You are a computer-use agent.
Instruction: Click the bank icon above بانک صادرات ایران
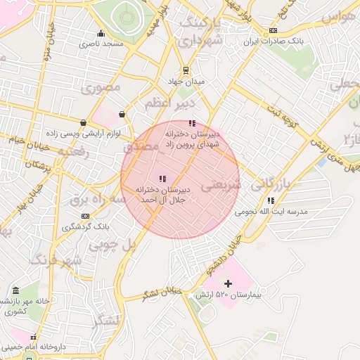[273, 31]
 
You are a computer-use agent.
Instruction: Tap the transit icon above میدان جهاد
[186, 70]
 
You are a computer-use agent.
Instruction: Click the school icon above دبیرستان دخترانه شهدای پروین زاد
[192, 123]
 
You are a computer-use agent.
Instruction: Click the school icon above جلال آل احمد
[162, 179]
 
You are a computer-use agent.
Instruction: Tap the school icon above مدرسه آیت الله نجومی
[271, 200]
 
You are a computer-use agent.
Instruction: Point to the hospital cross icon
[227, 283]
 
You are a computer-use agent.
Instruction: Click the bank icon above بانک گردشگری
[85, 216]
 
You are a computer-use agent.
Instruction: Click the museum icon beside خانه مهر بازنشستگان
[15, 290]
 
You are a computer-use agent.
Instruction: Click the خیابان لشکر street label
[162, 292]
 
